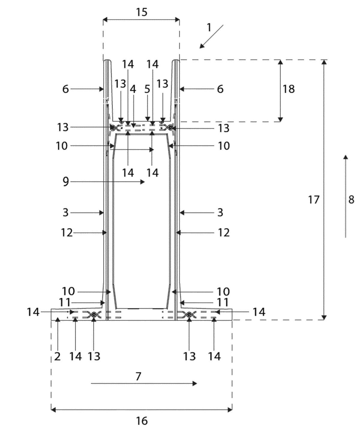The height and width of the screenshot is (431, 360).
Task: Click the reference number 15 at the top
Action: click(x=142, y=12)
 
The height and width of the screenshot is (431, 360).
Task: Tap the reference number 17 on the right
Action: click(x=314, y=200)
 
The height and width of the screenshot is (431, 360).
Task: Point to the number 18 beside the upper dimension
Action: click(x=289, y=89)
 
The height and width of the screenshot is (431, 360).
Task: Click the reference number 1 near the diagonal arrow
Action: click(x=209, y=28)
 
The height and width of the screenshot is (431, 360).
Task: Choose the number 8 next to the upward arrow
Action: click(x=351, y=200)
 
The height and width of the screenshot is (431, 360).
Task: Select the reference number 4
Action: click(x=133, y=89)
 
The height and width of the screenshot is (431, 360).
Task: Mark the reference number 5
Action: click(x=147, y=89)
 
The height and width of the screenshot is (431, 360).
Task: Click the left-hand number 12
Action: click(x=67, y=233)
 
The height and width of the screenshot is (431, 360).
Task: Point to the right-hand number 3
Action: click(x=220, y=212)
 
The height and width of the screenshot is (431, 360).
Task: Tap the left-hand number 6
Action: click(x=65, y=89)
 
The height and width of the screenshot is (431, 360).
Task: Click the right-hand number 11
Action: click(x=223, y=303)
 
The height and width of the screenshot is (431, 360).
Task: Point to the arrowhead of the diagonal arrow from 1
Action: click(x=202, y=46)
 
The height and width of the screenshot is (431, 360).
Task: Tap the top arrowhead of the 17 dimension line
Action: click(x=324, y=62)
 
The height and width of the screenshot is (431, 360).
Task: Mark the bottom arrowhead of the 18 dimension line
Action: click(x=280, y=119)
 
